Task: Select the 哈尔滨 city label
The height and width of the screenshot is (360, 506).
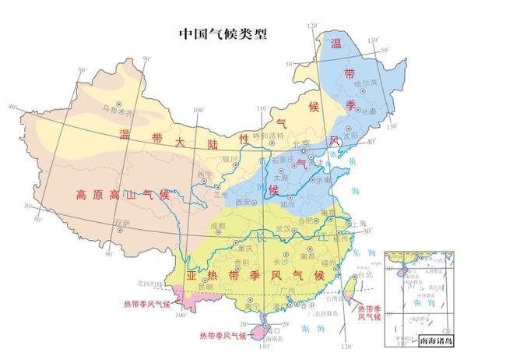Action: tap(364, 81)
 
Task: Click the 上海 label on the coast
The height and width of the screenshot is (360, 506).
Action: tap(359, 223)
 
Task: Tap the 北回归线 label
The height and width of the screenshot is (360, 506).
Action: tap(147, 283)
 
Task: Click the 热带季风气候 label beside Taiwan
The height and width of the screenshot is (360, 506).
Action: tap(368, 313)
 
